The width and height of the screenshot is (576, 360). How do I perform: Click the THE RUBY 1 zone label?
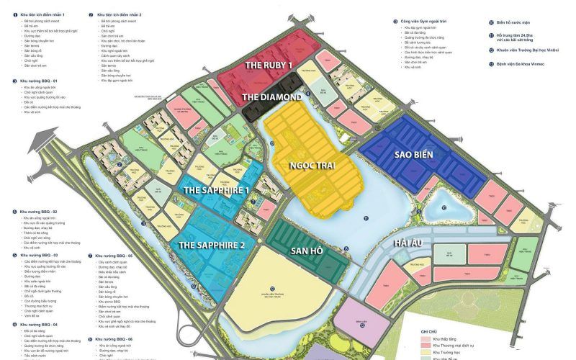click(269, 65)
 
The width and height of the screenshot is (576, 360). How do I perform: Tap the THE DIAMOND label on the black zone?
click(271, 96)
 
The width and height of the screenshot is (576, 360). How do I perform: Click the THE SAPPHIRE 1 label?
click(216, 190)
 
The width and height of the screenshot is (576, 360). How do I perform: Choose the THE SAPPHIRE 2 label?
click(212, 245)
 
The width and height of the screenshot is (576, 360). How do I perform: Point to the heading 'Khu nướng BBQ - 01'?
click(37, 81)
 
